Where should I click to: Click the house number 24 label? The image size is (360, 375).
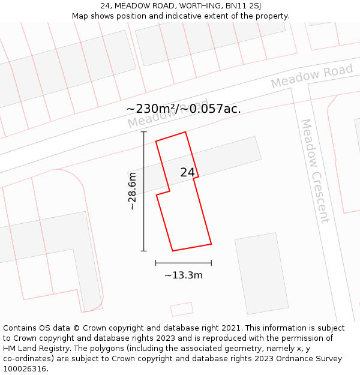point(187,172)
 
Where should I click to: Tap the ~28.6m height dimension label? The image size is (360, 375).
point(133,191)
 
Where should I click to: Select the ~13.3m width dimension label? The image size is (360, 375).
point(184,275)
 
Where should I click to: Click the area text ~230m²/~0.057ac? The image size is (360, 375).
point(184,109)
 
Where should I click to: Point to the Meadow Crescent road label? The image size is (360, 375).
point(315,170)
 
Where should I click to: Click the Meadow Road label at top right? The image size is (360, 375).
point(311,77)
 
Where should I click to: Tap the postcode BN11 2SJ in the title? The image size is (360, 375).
point(244,5)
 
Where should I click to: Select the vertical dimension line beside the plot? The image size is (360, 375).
point(144,191)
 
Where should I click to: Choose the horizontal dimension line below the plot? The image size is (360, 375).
point(184,263)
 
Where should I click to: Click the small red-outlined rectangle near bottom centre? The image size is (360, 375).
point(182,309)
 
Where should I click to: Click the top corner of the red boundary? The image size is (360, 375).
point(185,132)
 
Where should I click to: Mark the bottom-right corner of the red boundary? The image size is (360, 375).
point(211,244)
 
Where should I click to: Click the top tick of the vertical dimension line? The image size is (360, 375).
point(144,132)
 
